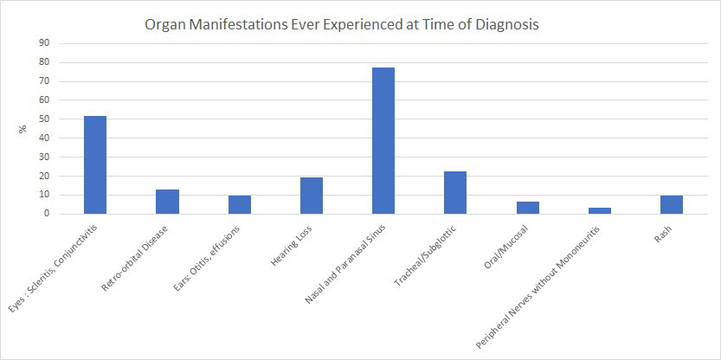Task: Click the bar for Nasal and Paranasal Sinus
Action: pos(383,140)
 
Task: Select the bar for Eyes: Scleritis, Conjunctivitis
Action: pos(95,164)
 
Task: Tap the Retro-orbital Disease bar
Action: pos(167,201)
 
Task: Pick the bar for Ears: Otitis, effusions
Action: pos(240,204)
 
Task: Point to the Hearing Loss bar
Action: pos(312,195)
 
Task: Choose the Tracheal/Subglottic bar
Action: pos(455,192)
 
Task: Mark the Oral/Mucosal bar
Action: pos(527,207)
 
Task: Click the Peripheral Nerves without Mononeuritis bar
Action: pos(600,210)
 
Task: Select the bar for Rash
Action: pos(672,204)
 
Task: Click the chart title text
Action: pos(342,25)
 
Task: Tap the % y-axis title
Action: pos(23,130)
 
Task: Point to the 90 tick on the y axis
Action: pos(44,43)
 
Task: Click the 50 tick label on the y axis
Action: pos(44,119)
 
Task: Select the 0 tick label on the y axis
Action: pos(47,214)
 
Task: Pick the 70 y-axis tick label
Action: pos(44,81)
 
